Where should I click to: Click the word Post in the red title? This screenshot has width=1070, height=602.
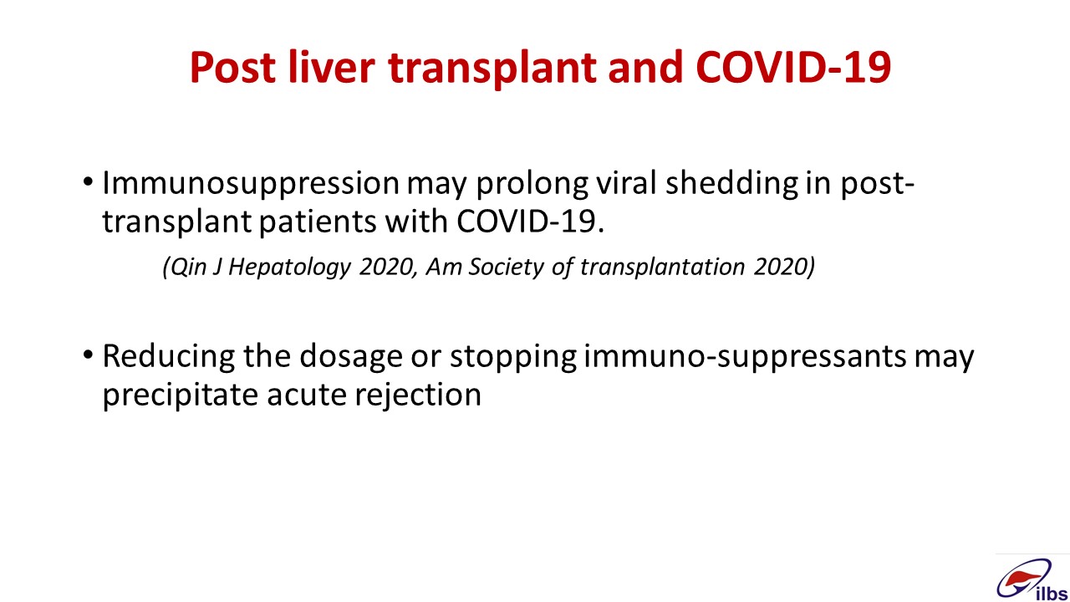coord(232,67)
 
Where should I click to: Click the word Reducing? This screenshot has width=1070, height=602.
coord(169,357)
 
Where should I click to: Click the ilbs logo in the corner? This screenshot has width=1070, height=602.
coord(1032,579)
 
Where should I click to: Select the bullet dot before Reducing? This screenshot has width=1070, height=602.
coord(88,355)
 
